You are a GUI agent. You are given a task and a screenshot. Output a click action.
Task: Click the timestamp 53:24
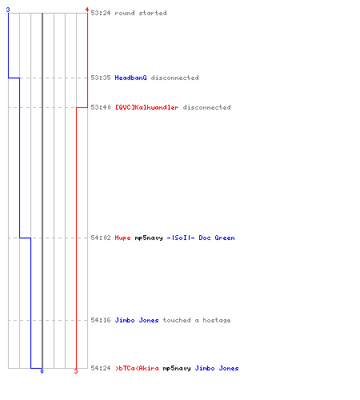pos(101,13)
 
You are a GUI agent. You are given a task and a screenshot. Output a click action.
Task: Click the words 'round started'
pos(141,13)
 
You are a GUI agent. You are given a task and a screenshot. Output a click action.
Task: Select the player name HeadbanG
pos(130,78)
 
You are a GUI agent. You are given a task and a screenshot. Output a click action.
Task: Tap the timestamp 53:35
pos(101,78)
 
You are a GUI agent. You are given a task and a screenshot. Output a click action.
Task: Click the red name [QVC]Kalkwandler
pos(146,107)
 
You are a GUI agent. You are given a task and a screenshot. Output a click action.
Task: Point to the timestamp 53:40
pos(101,107)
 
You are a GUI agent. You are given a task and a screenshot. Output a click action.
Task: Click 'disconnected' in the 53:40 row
pos(206,107)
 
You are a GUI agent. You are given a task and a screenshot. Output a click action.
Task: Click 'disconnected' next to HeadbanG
pos(174,78)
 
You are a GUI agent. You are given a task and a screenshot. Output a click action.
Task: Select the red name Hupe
pos(122,238)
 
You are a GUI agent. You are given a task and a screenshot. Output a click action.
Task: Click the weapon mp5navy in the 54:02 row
pos(149,238)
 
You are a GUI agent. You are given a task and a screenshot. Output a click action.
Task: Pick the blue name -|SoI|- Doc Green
pos(201,238)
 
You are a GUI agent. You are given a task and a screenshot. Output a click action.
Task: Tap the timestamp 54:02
pos(101,238)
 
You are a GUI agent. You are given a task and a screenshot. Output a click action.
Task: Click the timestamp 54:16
pos(101,320)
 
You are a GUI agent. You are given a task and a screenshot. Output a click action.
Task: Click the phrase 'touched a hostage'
pos(197,320)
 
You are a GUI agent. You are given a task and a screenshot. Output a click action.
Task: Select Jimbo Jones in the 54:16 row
pos(137,320)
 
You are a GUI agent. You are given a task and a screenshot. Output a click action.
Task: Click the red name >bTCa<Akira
pos(137,368)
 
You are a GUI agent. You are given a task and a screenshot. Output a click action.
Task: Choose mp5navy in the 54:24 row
pos(177,368)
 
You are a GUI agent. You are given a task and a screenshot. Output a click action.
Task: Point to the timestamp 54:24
pos(101,368)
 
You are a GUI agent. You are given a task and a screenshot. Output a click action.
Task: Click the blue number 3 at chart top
pos(8,10)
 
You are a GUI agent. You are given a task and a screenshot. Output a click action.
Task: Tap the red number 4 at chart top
pos(87,10)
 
